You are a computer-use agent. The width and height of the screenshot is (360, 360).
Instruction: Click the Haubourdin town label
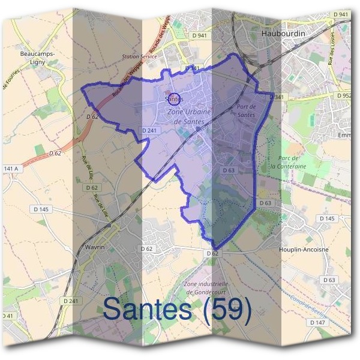pyautogui.click(x=283, y=34)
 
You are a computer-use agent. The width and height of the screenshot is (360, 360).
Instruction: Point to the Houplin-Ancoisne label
pyautogui.click(x=304, y=249)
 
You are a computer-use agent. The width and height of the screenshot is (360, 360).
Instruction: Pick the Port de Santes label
pyautogui.click(x=246, y=110)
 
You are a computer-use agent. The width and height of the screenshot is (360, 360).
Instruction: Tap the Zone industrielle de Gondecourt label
pyautogui.click(x=207, y=287)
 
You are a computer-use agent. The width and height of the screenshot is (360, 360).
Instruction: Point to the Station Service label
pyautogui.click(x=139, y=56)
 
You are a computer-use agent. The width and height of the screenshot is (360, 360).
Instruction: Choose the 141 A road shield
pyautogui.click(x=11, y=169)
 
